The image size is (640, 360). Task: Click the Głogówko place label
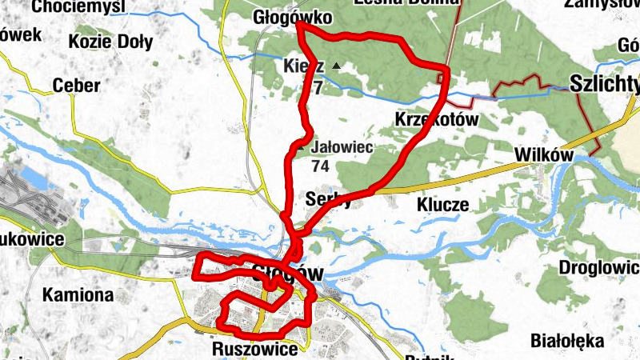coord(282,17)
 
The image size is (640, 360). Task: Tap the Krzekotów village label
coord(436,119)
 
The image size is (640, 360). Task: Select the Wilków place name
coord(546,155)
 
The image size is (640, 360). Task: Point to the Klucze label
coord(442,205)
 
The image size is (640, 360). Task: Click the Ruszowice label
coord(255,349)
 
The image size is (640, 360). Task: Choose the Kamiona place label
coord(78,294)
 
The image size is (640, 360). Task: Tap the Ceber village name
coord(76,86)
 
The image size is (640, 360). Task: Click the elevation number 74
coord(321,166)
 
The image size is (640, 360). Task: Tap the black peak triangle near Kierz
coord(337,66)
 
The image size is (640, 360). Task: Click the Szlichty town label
coord(605,82)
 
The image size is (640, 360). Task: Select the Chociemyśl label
coord(79,6)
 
